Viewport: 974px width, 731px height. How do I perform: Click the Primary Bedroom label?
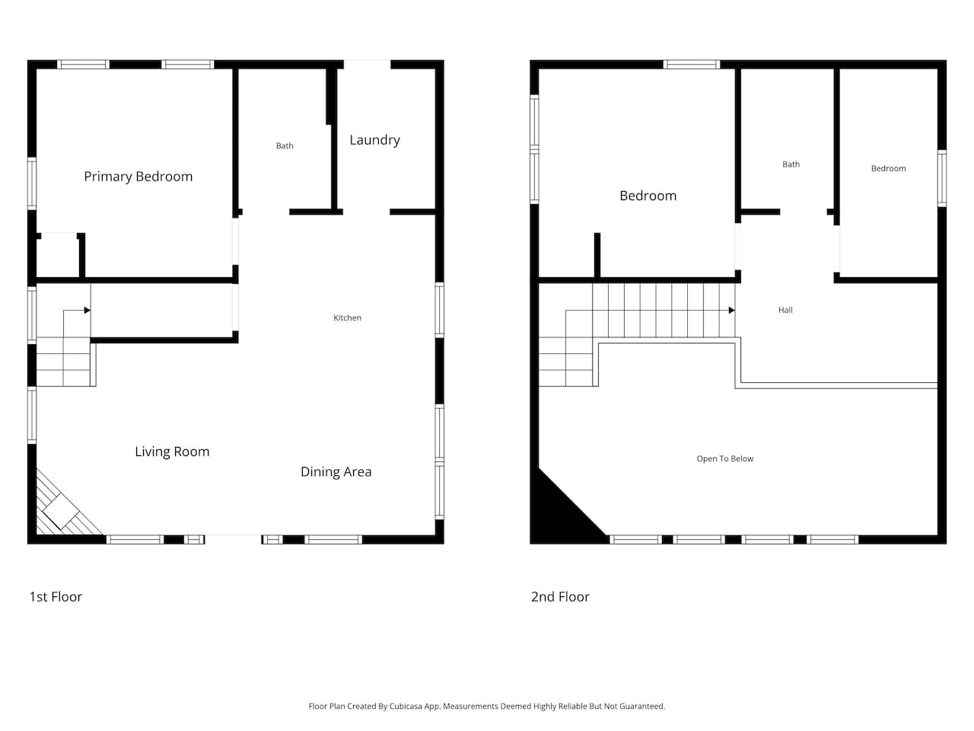[x=138, y=177]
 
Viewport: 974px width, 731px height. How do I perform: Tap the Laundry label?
[x=374, y=140]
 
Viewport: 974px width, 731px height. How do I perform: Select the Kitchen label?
[x=347, y=318]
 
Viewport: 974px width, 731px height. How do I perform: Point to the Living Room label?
[x=172, y=452]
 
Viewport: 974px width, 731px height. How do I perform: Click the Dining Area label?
[x=336, y=472]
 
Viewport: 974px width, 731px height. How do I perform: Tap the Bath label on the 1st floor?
[x=285, y=146]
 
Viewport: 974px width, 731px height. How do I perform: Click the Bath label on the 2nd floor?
[x=791, y=164]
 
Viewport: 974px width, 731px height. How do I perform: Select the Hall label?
[x=785, y=310]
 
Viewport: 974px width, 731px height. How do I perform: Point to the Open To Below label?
[x=724, y=459]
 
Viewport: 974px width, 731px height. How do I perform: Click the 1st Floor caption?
[x=56, y=597]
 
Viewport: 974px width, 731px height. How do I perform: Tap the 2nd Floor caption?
[x=560, y=597]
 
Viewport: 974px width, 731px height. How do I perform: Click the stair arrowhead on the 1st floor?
[x=88, y=310]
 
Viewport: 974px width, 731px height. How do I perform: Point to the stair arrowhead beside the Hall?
[x=732, y=310]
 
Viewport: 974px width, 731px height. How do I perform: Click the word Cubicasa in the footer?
[x=406, y=706]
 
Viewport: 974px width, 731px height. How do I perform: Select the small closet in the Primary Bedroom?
[x=57, y=255]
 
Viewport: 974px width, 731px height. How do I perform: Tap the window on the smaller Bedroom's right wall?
[x=941, y=178]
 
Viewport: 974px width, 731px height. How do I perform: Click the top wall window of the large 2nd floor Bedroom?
[x=692, y=65]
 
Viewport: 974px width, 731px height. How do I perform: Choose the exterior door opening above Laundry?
[x=367, y=65]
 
